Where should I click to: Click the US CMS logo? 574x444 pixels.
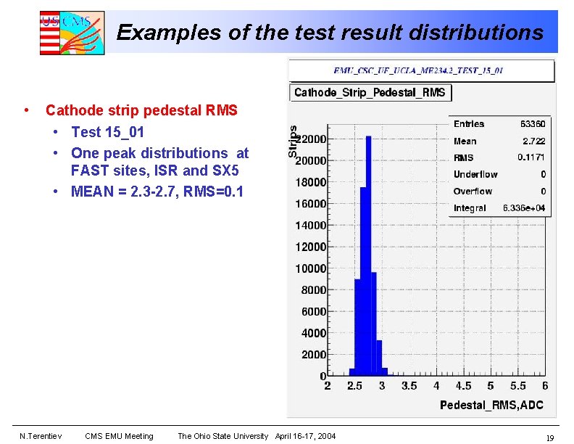tap(72, 33)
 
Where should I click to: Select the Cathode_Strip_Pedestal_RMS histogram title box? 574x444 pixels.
tap(370, 93)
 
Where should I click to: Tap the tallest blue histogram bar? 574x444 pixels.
tap(368, 254)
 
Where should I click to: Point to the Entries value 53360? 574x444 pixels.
tap(532, 124)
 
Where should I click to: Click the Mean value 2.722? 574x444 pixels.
tap(533, 141)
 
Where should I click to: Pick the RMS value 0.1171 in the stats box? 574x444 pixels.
tap(531, 157)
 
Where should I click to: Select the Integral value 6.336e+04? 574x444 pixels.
tap(524, 208)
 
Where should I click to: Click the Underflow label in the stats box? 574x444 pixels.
tap(475, 175)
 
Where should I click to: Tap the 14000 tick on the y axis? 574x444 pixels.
tap(310, 226)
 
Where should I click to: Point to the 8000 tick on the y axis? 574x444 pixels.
tap(313, 290)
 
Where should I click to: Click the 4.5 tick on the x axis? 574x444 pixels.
tap(463, 386)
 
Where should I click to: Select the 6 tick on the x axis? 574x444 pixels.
tap(544, 386)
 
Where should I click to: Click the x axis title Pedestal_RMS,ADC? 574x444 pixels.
tap(491, 405)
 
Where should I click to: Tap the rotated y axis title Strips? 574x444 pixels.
tap(293, 141)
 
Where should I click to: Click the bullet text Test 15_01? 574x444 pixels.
tap(107, 132)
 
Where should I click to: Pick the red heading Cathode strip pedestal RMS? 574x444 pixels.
tap(141, 111)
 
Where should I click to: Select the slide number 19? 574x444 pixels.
tap(550, 437)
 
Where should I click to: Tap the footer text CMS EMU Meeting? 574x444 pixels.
tap(119, 436)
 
